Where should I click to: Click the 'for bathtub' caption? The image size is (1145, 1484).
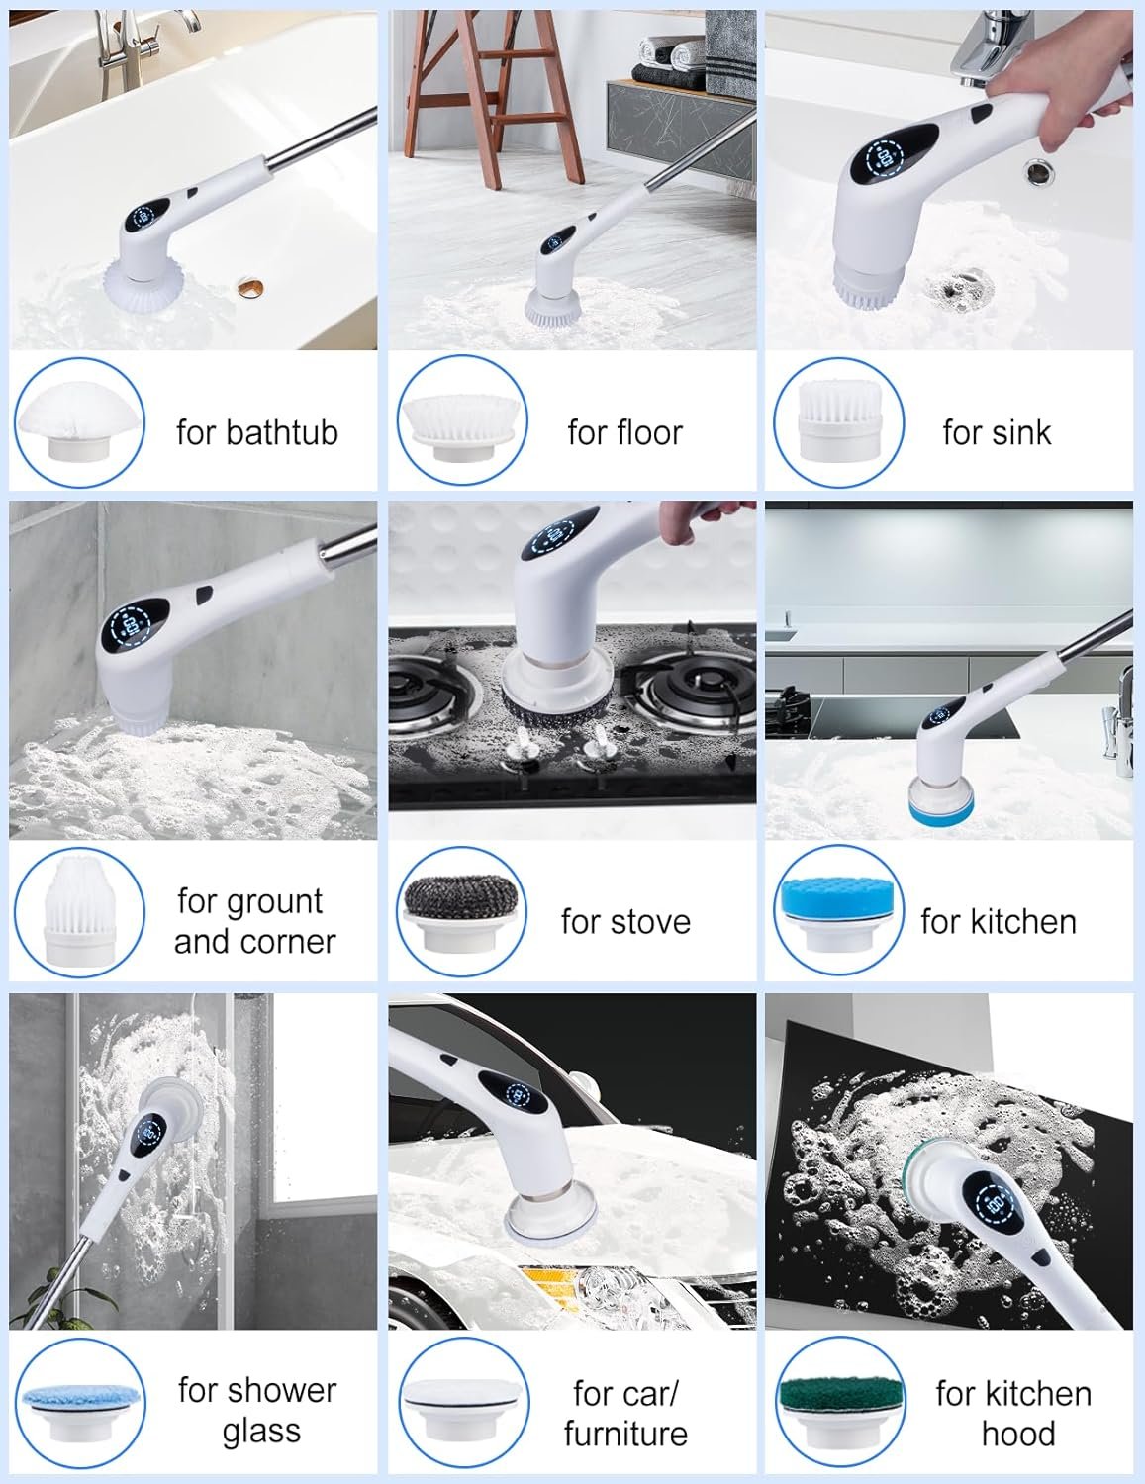[257, 432]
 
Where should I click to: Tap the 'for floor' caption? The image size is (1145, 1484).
[625, 432]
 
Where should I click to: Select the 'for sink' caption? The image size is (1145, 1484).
[997, 432]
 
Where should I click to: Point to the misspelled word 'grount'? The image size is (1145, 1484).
[269, 902]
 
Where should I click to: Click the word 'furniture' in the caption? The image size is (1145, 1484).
[625, 1434]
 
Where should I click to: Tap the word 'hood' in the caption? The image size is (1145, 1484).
[1018, 1434]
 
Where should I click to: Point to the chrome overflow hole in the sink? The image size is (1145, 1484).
[1040, 171]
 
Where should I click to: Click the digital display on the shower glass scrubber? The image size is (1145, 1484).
[149, 1135]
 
